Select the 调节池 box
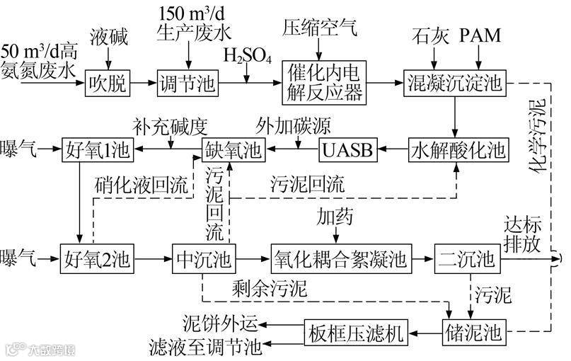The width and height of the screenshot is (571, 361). pos(188,84)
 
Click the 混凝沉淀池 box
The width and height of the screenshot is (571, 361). pos(454,84)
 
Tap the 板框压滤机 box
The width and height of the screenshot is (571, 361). pos(358,331)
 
